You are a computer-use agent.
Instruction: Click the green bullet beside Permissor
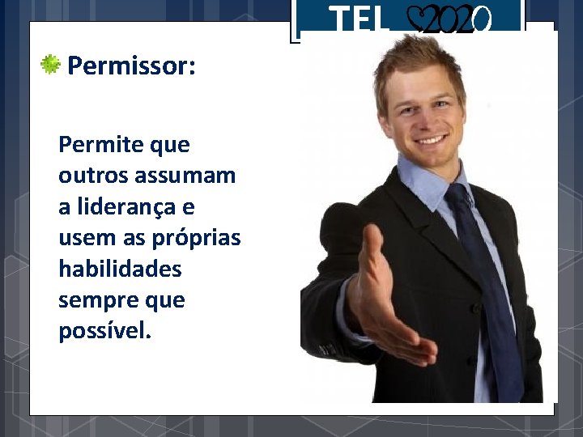pos(52,65)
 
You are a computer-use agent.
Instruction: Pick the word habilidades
pos(120,269)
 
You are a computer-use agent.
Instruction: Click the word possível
pos(104,332)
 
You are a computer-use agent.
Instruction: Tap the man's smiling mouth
pos(432,139)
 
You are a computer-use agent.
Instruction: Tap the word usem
pos(84,239)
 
